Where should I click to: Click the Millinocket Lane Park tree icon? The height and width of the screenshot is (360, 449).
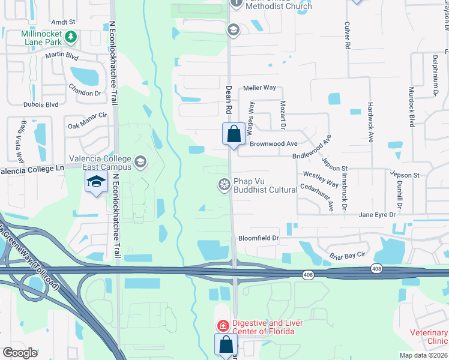point(71,37)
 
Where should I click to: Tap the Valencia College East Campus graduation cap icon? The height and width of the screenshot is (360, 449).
point(140,161)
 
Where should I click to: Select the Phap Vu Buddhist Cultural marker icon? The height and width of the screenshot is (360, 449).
point(224,184)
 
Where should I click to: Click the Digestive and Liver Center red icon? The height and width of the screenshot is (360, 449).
point(222,326)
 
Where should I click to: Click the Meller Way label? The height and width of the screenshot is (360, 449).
point(259,88)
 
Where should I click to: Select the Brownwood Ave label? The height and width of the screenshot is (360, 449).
point(274,144)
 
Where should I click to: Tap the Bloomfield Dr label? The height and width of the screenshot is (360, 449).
point(259,238)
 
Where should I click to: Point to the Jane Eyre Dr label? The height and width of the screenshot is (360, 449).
point(377,215)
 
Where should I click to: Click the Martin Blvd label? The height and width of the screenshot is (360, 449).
point(62,56)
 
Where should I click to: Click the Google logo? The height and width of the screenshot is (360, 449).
point(20,353)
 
